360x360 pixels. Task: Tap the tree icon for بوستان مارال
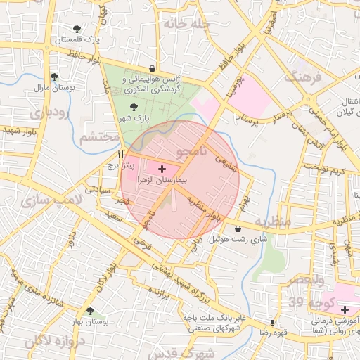click(55, 77)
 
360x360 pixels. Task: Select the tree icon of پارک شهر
click(134, 107)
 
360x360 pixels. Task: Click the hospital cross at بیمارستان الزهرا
click(162, 169)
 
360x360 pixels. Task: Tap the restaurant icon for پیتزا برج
click(121, 153)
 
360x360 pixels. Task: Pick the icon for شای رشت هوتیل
click(238, 229)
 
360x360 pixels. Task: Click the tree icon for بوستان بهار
click(89, 310)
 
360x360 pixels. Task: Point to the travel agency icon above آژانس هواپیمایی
click(153, 69)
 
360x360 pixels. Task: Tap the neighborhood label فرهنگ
click(304, 77)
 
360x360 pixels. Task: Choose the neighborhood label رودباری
click(49, 112)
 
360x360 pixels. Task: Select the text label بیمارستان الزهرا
click(162, 180)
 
